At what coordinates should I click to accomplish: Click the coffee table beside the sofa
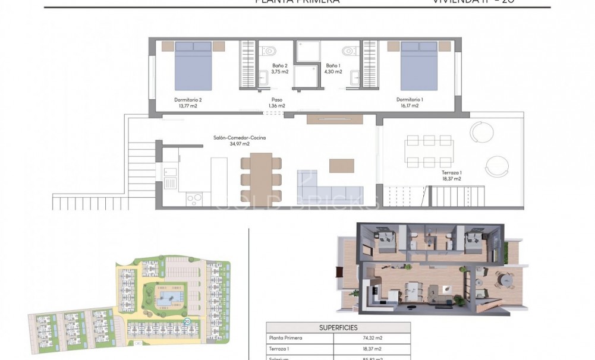click(342, 165)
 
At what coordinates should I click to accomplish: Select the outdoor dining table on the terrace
click(429, 152)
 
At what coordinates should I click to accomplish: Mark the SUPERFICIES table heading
click(338, 327)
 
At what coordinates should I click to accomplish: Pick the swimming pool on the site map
click(168, 295)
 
